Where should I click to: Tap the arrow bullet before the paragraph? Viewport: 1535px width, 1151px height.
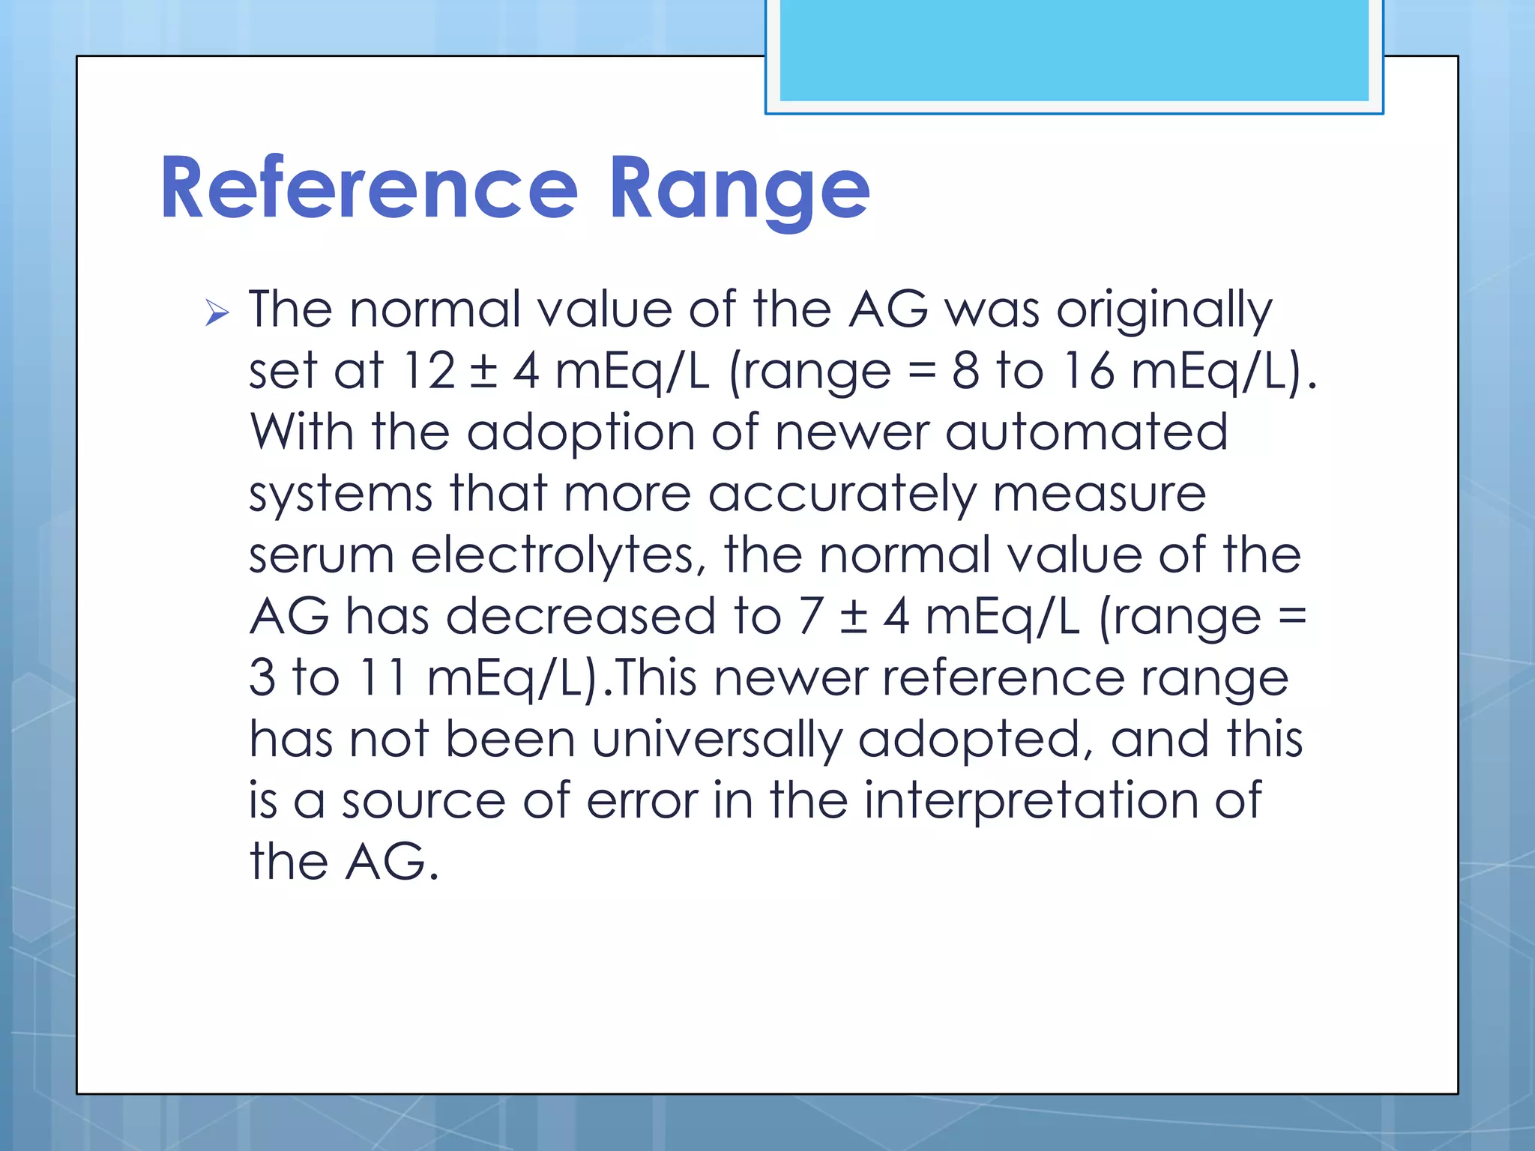pyautogui.click(x=217, y=312)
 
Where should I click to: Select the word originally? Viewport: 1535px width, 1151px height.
pyautogui.click(x=1164, y=310)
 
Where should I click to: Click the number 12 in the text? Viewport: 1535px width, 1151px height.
pyautogui.click(x=429, y=370)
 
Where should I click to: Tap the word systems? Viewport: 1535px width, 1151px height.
pyautogui.click(x=341, y=495)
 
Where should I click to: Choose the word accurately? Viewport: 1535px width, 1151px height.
pyautogui.click(x=842, y=495)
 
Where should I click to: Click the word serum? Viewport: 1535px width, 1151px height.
pyautogui.click(x=322, y=555)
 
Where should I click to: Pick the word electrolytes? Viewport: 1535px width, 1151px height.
pyautogui.click(x=558, y=555)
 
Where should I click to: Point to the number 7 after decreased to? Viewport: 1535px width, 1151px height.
pyautogui.click(x=810, y=617)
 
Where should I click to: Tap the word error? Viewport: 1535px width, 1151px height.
pyautogui.click(x=642, y=801)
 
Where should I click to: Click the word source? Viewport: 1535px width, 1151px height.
pyautogui.click(x=423, y=801)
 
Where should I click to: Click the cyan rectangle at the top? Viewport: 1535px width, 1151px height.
pyautogui.click(x=1074, y=50)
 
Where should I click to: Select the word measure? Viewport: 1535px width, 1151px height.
pyautogui.click(x=1100, y=495)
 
